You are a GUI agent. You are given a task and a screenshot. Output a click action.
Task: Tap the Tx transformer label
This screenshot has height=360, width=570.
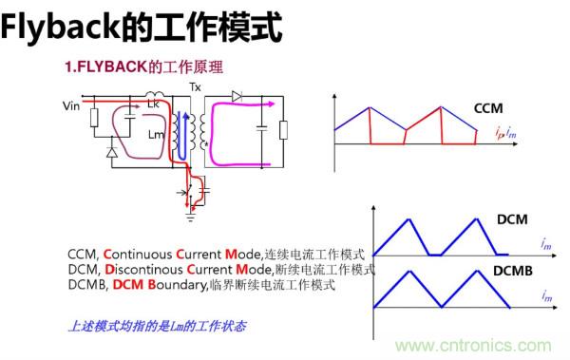click(196, 87)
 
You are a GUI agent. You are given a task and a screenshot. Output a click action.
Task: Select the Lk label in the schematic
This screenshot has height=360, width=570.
click(153, 104)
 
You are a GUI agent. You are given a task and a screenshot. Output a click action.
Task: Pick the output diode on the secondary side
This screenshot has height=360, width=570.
click(237, 96)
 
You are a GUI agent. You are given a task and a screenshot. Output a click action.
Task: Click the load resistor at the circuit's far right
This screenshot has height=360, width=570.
click(282, 128)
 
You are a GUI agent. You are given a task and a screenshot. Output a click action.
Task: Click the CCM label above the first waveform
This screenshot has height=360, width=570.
click(487, 108)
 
